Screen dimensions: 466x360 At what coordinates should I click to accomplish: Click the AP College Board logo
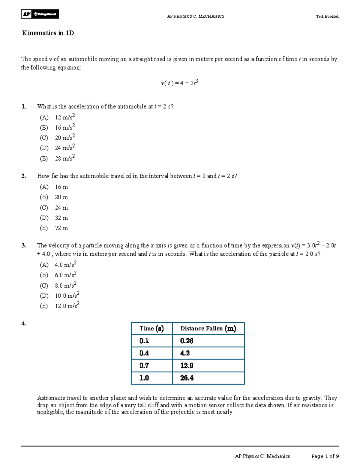[40, 14]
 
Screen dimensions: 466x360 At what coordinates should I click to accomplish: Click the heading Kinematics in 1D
[48, 33]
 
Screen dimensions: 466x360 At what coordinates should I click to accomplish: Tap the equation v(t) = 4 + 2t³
[179, 83]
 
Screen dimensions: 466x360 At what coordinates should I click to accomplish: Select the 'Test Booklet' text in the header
[327, 17]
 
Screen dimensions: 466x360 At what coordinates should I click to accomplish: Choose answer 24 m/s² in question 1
[64, 148]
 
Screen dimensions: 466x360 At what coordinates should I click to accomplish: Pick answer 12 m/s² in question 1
[64, 117]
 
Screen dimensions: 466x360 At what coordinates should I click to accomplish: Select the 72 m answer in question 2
[61, 228]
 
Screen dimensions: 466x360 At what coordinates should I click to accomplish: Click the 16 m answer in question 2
[61, 187]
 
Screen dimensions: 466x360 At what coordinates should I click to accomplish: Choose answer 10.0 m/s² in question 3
[67, 296]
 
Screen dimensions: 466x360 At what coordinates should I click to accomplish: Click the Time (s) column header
[151, 329]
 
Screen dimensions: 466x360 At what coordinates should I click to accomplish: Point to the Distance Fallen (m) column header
[208, 329]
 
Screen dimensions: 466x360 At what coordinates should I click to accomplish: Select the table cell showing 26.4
[187, 378]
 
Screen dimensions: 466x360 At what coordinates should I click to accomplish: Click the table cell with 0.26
[187, 341]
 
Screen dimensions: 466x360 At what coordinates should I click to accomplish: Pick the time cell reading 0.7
[144, 365]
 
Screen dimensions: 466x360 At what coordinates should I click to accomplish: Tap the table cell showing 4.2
[185, 353]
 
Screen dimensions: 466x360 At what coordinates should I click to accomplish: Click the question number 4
[24, 323]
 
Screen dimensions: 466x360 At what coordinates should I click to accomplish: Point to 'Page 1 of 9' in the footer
[325, 456]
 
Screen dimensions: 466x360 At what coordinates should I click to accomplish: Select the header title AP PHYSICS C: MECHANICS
[196, 17]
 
